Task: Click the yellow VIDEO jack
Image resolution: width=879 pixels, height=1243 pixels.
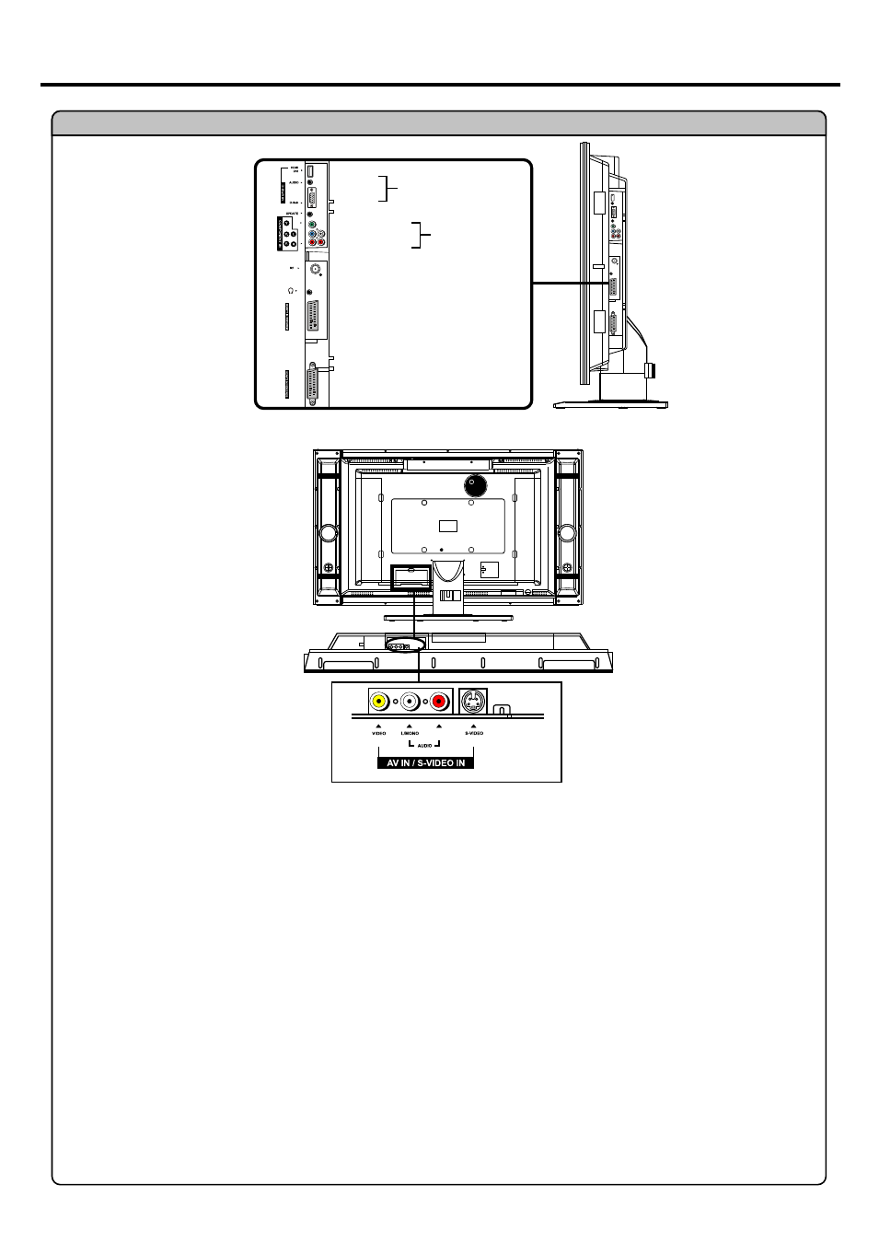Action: (x=378, y=702)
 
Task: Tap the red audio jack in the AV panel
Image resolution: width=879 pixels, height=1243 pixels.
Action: (x=439, y=702)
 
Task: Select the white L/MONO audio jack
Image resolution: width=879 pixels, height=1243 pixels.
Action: (x=410, y=702)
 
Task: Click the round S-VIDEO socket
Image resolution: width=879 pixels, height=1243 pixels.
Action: (x=473, y=702)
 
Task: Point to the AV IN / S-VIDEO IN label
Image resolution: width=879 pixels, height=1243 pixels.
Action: (x=425, y=762)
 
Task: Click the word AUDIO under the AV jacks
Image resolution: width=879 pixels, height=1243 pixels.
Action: (x=424, y=745)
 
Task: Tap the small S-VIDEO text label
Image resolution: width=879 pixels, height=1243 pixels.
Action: (x=474, y=733)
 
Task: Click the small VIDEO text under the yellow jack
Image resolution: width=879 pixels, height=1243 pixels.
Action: (x=378, y=733)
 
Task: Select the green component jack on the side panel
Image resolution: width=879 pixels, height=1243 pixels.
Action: (x=312, y=225)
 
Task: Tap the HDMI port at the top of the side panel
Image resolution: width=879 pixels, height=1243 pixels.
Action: (x=311, y=171)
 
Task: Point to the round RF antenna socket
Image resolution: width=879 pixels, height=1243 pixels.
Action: (x=317, y=269)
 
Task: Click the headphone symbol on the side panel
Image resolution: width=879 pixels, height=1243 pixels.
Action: (x=291, y=290)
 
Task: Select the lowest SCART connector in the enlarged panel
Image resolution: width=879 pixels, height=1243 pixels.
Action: (x=313, y=382)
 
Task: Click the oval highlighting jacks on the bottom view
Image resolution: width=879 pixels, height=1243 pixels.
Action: (x=405, y=645)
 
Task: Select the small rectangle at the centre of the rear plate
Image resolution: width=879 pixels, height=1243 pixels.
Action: (x=448, y=526)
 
